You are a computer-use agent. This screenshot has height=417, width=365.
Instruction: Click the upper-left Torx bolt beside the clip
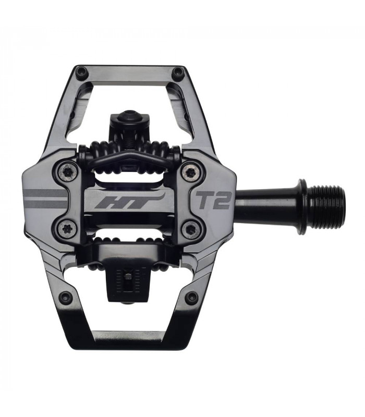coord(68,171)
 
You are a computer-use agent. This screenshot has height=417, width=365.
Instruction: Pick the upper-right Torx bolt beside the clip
coord(191,171)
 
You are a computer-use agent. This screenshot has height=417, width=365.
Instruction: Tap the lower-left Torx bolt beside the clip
coord(68,227)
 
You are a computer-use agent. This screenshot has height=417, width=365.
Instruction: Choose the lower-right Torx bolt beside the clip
coord(191,227)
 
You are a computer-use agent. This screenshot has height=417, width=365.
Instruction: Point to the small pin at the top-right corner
coord(178,71)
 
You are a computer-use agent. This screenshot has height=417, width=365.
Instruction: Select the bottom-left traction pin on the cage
coord(65,298)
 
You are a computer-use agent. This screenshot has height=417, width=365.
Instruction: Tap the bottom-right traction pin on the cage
coord(192,298)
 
